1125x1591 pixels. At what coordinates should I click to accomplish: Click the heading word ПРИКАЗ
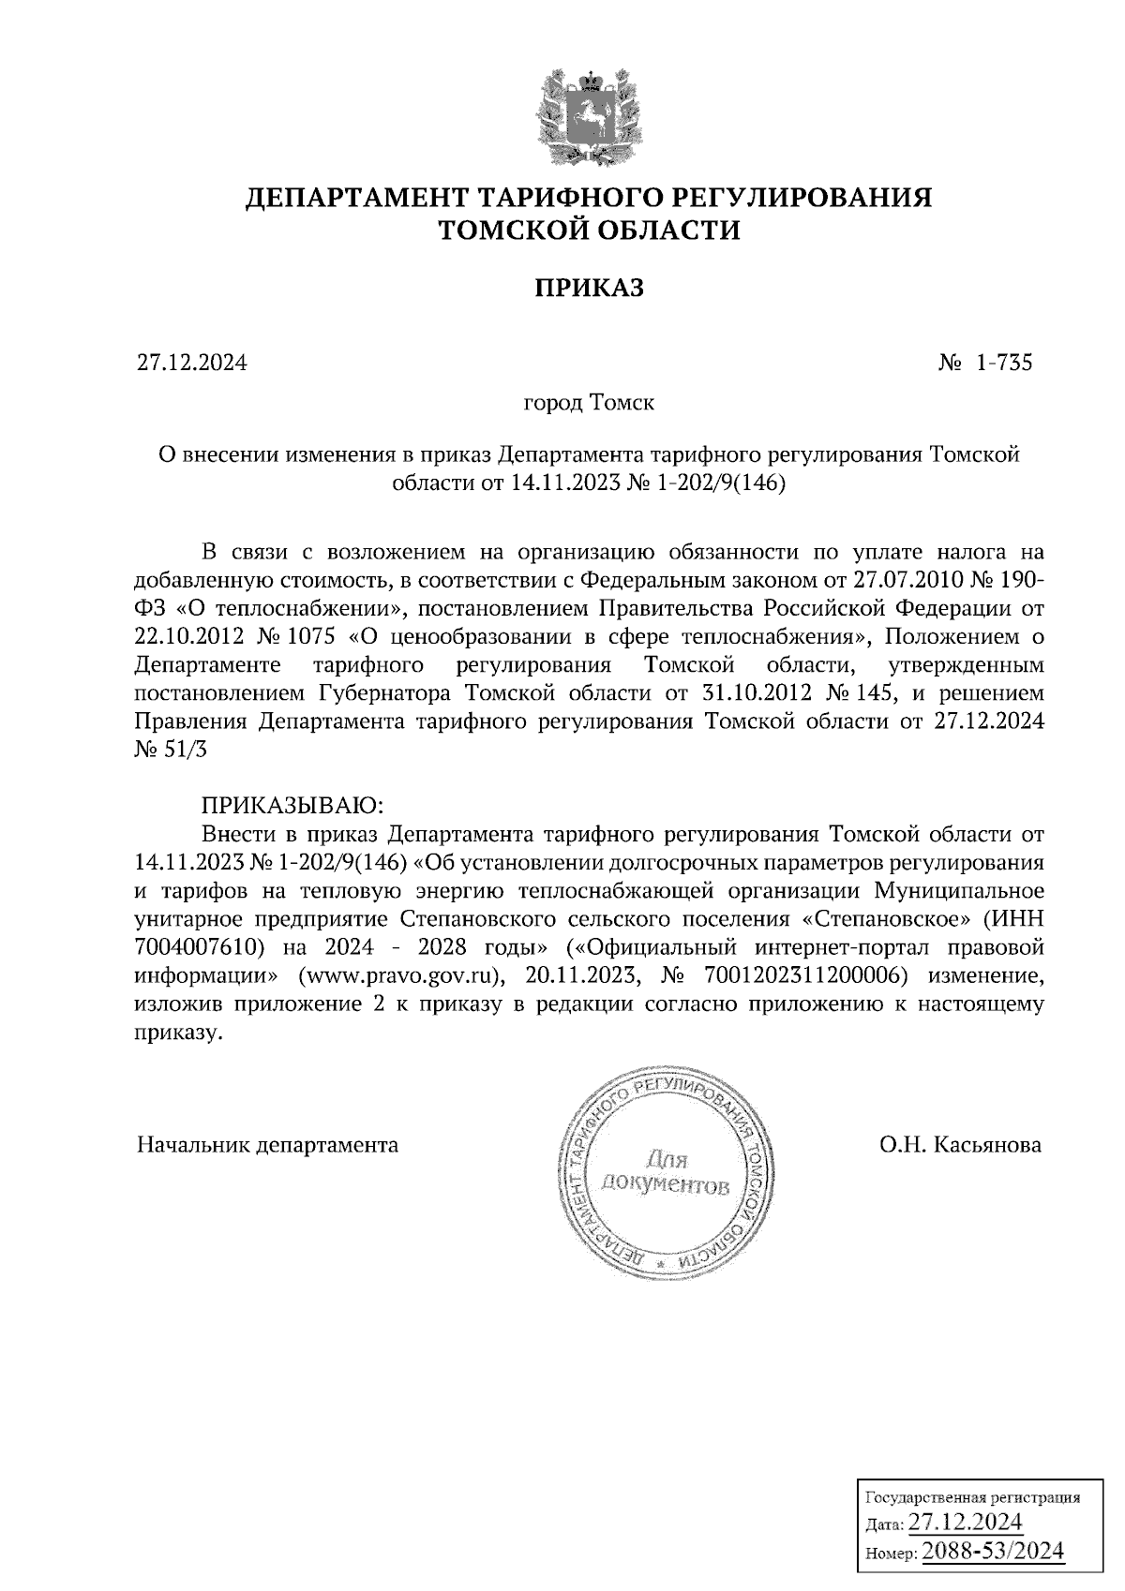coord(589,288)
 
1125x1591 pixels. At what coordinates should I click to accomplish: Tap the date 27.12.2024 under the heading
coord(192,363)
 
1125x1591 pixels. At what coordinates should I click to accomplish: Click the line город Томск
coord(588,404)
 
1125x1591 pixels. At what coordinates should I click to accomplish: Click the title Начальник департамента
coord(267,1145)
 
